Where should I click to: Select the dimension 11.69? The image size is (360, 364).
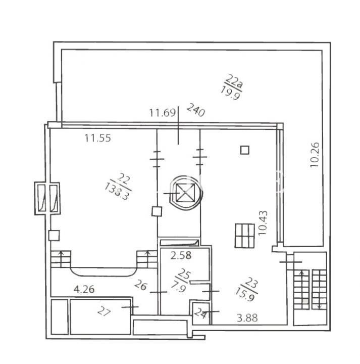click(162, 113)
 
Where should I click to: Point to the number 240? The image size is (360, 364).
click(196, 110)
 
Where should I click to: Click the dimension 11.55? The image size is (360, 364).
click(97, 138)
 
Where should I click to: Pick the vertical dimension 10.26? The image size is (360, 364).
click(315, 155)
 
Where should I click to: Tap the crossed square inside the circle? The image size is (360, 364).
click(184, 193)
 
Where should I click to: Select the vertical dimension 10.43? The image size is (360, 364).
click(263, 223)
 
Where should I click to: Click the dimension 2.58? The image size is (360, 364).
click(181, 256)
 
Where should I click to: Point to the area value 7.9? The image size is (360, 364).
click(179, 286)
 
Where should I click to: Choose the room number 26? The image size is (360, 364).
click(141, 285)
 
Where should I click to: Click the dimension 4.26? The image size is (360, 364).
click(84, 290)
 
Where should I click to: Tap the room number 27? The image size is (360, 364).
click(104, 311)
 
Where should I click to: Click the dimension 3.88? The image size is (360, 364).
click(247, 318)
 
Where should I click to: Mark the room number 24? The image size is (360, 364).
click(200, 313)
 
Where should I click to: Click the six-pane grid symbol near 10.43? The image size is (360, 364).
click(244, 236)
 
